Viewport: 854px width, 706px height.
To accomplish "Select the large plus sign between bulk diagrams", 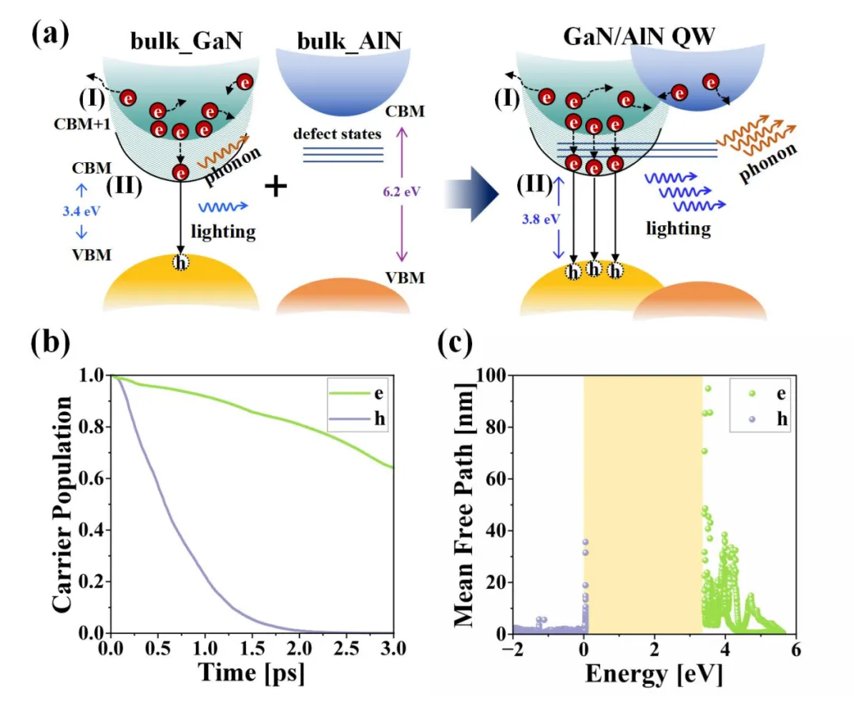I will pos(274,187).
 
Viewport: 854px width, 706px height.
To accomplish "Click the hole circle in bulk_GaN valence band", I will pos(181,262).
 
